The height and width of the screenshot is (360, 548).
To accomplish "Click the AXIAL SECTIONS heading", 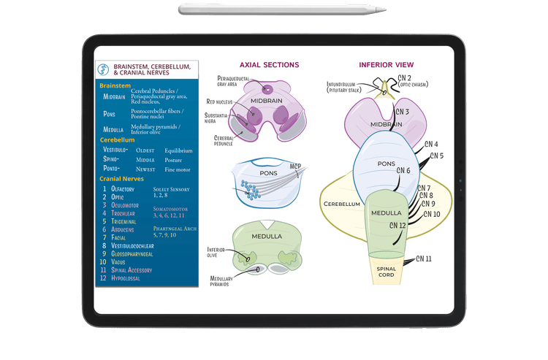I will [269, 65].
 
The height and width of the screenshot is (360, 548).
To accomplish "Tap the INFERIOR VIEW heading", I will [387, 65].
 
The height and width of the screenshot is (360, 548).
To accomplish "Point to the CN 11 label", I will [424, 258].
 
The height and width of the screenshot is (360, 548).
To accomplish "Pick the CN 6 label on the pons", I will [403, 170].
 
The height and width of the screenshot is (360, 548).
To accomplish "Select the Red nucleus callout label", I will [219, 102].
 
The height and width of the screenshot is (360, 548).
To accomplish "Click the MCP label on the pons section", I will [295, 166].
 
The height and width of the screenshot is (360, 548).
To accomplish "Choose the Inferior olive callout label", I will [216, 252].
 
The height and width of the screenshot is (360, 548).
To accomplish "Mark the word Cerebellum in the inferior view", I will [342, 204].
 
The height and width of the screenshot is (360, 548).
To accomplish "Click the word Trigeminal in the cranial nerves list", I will [126, 221].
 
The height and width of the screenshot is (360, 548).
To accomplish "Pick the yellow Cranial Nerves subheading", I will [122, 178].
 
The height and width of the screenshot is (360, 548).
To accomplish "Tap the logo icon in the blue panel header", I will [104, 70].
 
